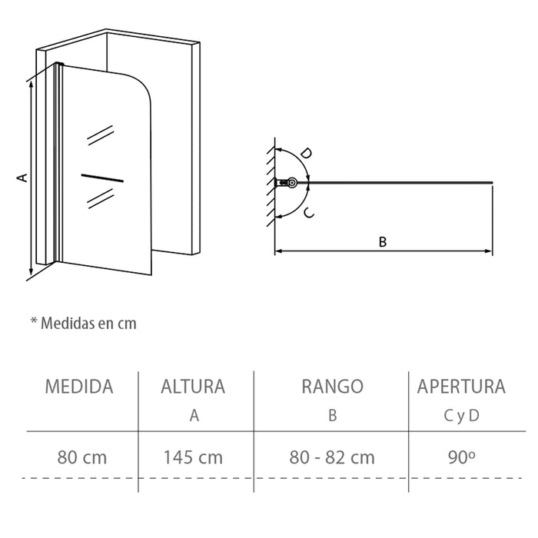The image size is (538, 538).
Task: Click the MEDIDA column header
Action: click(x=79, y=387)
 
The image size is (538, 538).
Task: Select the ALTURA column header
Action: click(x=193, y=387)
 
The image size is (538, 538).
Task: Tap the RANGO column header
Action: click(x=333, y=387)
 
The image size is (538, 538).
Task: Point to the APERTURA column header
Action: click(x=461, y=387)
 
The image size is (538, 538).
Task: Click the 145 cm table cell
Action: click(x=193, y=458)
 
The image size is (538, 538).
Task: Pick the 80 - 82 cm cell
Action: click(x=333, y=458)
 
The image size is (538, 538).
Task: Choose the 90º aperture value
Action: click(x=461, y=457)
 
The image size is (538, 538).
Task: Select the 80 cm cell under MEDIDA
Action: click(x=82, y=458)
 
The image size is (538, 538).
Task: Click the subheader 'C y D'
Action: click(x=462, y=416)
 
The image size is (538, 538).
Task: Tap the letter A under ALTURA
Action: click(x=194, y=416)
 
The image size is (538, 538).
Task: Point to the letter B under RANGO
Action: click(x=333, y=416)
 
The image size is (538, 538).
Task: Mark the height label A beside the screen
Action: click(x=22, y=178)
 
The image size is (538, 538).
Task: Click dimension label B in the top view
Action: click(x=383, y=241)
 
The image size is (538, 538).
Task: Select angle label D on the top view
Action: click(x=305, y=154)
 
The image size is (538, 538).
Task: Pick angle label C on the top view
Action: click(x=307, y=213)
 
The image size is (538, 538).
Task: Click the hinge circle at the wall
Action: click(x=291, y=183)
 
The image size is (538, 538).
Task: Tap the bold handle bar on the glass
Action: click(x=101, y=178)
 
